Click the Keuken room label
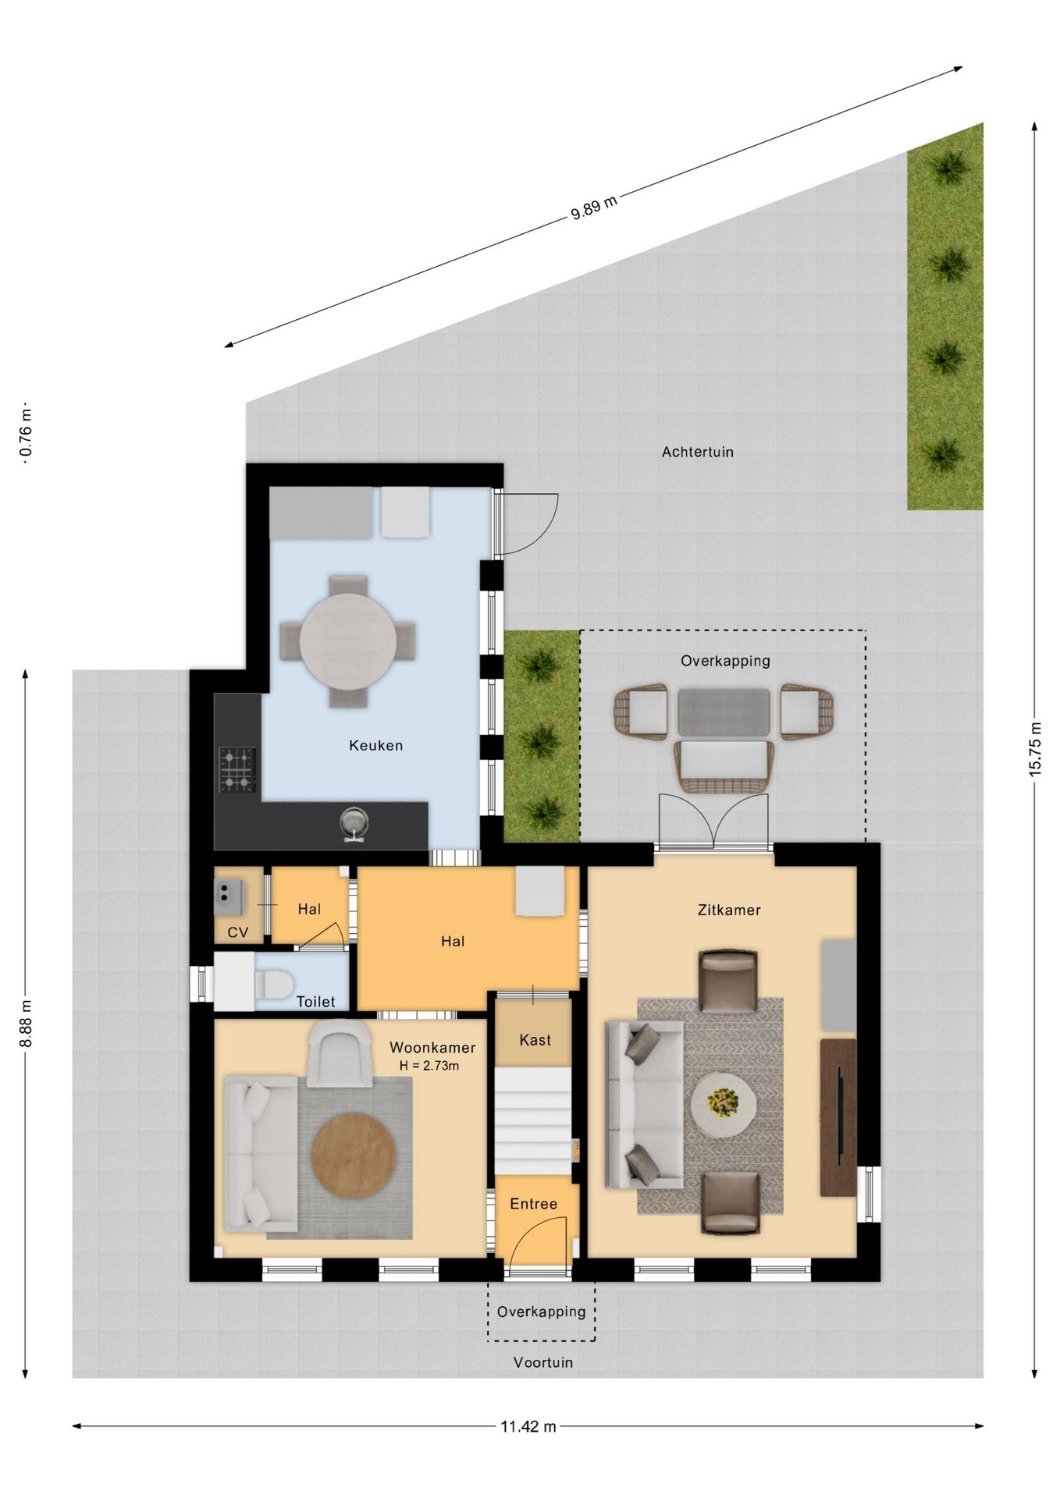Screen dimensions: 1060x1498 tap(375, 745)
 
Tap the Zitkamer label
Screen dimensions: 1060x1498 tap(729, 910)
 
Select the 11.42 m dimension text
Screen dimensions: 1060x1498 tap(528, 1426)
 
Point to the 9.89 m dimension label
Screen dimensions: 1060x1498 tap(594, 207)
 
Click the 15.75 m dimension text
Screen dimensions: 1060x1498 tap(1035, 749)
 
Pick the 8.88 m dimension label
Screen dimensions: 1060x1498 tap(26, 1024)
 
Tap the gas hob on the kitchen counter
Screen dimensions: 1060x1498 tap(237, 769)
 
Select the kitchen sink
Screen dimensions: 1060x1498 tap(354, 824)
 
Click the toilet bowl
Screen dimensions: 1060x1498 tap(273, 985)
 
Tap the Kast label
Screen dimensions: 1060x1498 tap(535, 1040)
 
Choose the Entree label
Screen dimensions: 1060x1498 tap(534, 1204)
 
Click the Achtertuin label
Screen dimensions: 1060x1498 tap(698, 452)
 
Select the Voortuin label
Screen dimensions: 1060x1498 tap(543, 1362)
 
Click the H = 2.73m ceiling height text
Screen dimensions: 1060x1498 tap(429, 1066)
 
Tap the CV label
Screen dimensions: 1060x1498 tap(238, 932)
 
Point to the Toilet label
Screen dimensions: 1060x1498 tap(315, 1002)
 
